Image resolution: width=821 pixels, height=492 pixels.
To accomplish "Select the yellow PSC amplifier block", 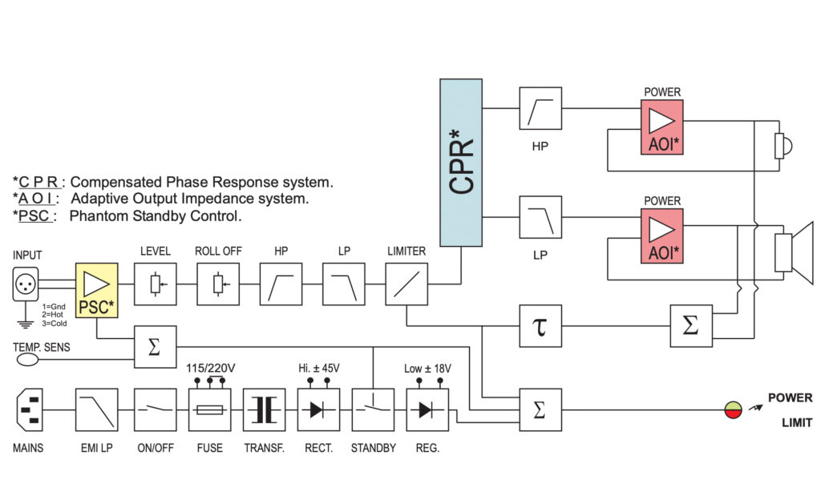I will [96, 284].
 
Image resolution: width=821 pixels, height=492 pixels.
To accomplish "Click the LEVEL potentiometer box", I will [155, 284].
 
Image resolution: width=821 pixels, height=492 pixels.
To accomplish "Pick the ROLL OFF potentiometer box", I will [218, 284].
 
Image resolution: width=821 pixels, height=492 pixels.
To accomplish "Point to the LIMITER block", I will [406, 284].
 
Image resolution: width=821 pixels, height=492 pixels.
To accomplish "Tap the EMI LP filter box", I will [96, 409].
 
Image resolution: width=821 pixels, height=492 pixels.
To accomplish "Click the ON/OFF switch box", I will [155, 409].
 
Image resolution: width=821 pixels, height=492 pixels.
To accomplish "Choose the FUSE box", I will [209, 409].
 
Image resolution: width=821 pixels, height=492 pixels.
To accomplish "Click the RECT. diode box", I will [318, 409].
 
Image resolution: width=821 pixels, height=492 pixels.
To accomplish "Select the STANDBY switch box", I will [373, 409].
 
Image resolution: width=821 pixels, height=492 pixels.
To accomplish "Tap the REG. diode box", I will [427, 409].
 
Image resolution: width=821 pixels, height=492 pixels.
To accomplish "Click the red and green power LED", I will [734, 410].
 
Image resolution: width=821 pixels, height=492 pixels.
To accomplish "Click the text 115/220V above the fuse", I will [209, 369].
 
